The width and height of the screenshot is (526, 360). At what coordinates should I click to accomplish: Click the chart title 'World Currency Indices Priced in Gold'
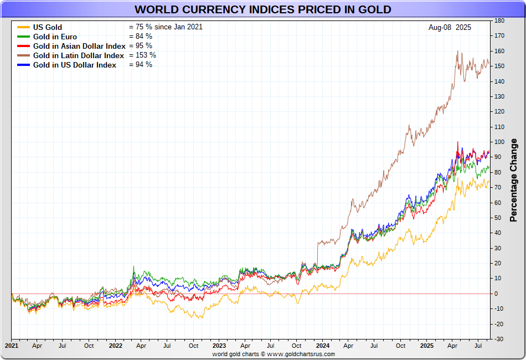click(x=262, y=9)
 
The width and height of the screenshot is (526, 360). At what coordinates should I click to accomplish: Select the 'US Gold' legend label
click(x=48, y=27)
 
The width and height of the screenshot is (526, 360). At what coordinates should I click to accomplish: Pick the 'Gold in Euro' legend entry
click(x=55, y=37)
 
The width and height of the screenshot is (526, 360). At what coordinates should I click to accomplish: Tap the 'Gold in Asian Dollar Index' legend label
click(x=79, y=46)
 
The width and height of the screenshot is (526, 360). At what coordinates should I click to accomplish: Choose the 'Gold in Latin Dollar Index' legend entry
click(x=79, y=55)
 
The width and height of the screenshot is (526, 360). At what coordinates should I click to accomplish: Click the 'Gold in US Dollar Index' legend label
click(x=75, y=65)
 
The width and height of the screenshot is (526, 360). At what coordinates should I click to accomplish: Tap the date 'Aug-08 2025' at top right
click(x=450, y=27)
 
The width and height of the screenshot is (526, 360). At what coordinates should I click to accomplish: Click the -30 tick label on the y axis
click(x=499, y=339)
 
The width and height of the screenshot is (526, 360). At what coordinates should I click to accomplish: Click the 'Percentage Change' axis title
click(x=514, y=180)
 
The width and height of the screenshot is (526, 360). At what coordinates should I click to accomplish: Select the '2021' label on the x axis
click(x=12, y=345)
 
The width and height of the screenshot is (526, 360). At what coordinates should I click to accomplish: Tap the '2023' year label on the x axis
click(x=219, y=345)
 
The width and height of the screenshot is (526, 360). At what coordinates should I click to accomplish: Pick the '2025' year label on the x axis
click(x=427, y=345)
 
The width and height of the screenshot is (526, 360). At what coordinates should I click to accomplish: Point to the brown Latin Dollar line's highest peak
click(x=458, y=51)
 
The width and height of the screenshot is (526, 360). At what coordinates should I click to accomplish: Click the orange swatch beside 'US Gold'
click(x=23, y=27)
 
